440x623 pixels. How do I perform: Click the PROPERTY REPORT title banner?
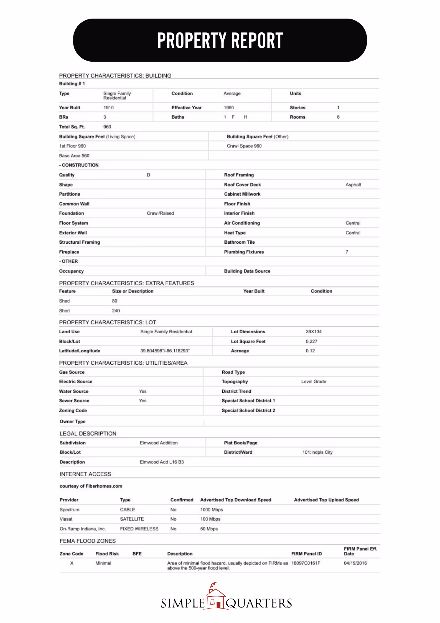[220, 40]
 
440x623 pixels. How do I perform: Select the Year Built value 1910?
[108, 108]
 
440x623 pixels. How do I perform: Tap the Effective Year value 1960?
[229, 108]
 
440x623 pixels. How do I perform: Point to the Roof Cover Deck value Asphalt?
[353, 185]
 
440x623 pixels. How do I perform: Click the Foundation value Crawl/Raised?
[160, 213]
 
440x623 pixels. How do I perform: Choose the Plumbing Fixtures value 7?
[347, 252]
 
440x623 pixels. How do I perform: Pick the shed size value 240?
[116, 311]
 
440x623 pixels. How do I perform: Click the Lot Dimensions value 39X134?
[314, 332]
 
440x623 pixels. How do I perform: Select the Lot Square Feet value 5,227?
[311, 341]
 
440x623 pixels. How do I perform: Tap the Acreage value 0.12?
[310, 351]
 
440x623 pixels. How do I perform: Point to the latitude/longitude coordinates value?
[165, 351]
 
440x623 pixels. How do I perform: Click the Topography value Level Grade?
[314, 382]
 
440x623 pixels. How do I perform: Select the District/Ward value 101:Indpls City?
[317, 452]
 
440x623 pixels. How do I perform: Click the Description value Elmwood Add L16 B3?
[162, 462]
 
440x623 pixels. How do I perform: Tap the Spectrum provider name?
[69, 510]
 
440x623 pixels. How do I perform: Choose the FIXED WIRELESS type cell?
[139, 529]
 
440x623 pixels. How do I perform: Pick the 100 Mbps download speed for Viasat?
[210, 519]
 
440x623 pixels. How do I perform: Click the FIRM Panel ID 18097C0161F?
[306, 563]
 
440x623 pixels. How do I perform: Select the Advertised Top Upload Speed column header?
[326, 500]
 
